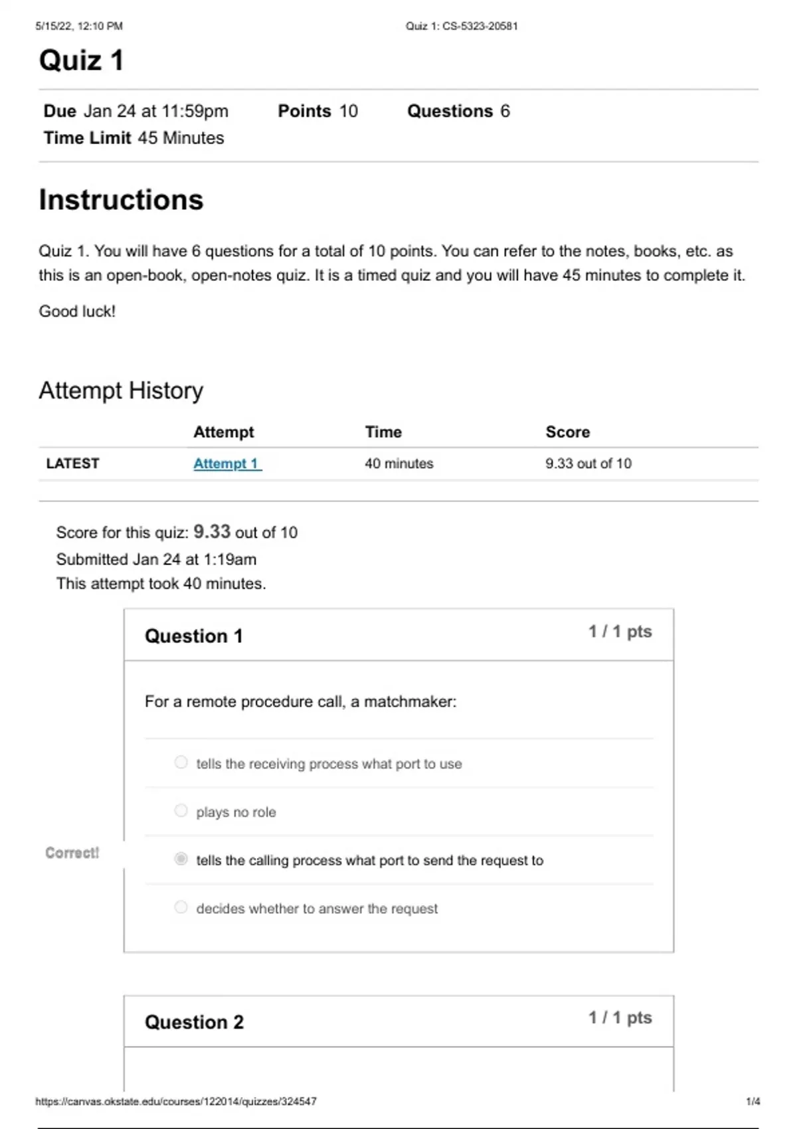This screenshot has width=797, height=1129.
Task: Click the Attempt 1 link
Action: pyautogui.click(x=226, y=464)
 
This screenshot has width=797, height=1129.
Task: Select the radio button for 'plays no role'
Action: pyautogui.click(x=181, y=811)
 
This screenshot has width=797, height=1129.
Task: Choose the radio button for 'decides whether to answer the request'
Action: pyautogui.click(x=181, y=907)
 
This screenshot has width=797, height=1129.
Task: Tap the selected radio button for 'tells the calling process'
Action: pyautogui.click(x=181, y=859)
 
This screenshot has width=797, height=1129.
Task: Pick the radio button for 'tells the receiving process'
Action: pyautogui.click(x=181, y=762)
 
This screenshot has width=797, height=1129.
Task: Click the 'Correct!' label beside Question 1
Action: pyautogui.click(x=72, y=853)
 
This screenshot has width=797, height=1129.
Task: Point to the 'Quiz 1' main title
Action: pyautogui.click(x=81, y=60)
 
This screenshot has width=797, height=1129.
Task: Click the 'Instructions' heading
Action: pyautogui.click(x=121, y=200)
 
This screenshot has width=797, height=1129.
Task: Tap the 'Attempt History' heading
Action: pyautogui.click(x=121, y=391)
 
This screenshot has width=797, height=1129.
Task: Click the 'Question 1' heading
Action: pyautogui.click(x=193, y=636)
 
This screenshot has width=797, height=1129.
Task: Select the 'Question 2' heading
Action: pyautogui.click(x=194, y=1022)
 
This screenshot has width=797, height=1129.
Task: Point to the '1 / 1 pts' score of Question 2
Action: pyautogui.click(x=620, y=1017)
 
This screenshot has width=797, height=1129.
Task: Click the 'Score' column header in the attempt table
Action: pyautogui.click(x=567, y=432)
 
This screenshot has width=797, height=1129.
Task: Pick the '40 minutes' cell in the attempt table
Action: pyautogui.click(x=398, y=464)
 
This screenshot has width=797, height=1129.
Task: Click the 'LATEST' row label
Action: pyautogui.click(x=72, y=464)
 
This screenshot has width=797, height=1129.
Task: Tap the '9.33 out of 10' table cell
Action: pyautogui.click(x=588, y=464)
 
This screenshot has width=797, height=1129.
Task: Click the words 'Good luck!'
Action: pyautogui.click(x=77, y=311)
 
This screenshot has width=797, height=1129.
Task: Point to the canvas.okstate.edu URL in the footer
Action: pyautogui.click(x=175, y=1101)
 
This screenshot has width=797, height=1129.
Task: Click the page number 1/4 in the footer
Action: pyautogui.click(x=753, y=1101)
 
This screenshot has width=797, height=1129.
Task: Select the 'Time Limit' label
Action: pyautogui.click(x=87, y=138)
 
